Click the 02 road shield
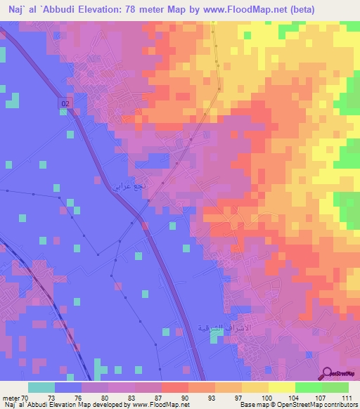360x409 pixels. click(65, 103)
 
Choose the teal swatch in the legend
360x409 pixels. click(41, 387)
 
